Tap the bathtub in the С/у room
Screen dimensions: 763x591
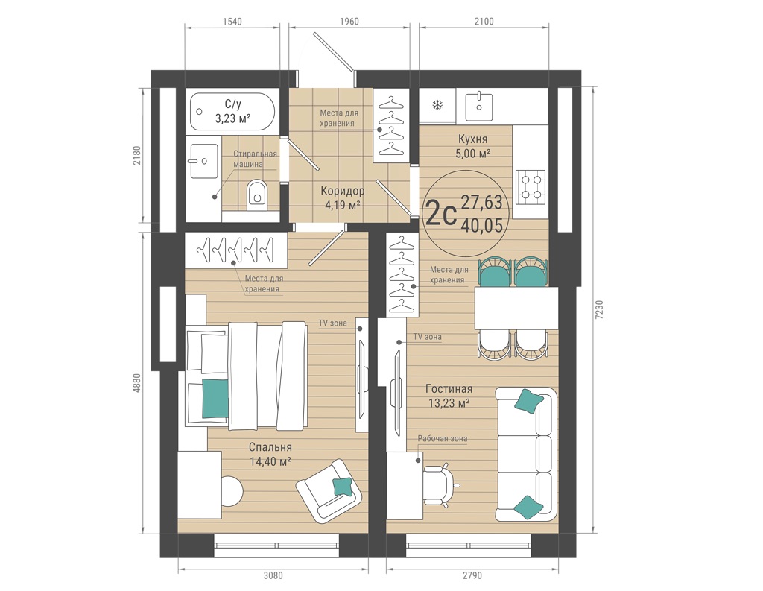232,112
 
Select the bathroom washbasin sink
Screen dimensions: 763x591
204,161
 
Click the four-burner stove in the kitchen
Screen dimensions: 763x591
531,186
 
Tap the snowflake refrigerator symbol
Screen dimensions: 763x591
437,104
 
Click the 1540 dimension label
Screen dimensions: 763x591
232,22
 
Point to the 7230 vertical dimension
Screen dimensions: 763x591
599,309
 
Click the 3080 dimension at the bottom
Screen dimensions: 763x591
273,575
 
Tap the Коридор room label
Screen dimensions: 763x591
342,191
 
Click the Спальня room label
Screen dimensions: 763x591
270,447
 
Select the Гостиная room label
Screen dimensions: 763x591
449,389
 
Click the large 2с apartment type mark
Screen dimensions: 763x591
440,214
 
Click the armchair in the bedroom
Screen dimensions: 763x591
329,490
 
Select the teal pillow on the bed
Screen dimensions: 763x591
215,398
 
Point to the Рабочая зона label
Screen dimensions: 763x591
443,439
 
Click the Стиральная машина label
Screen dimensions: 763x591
255,159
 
